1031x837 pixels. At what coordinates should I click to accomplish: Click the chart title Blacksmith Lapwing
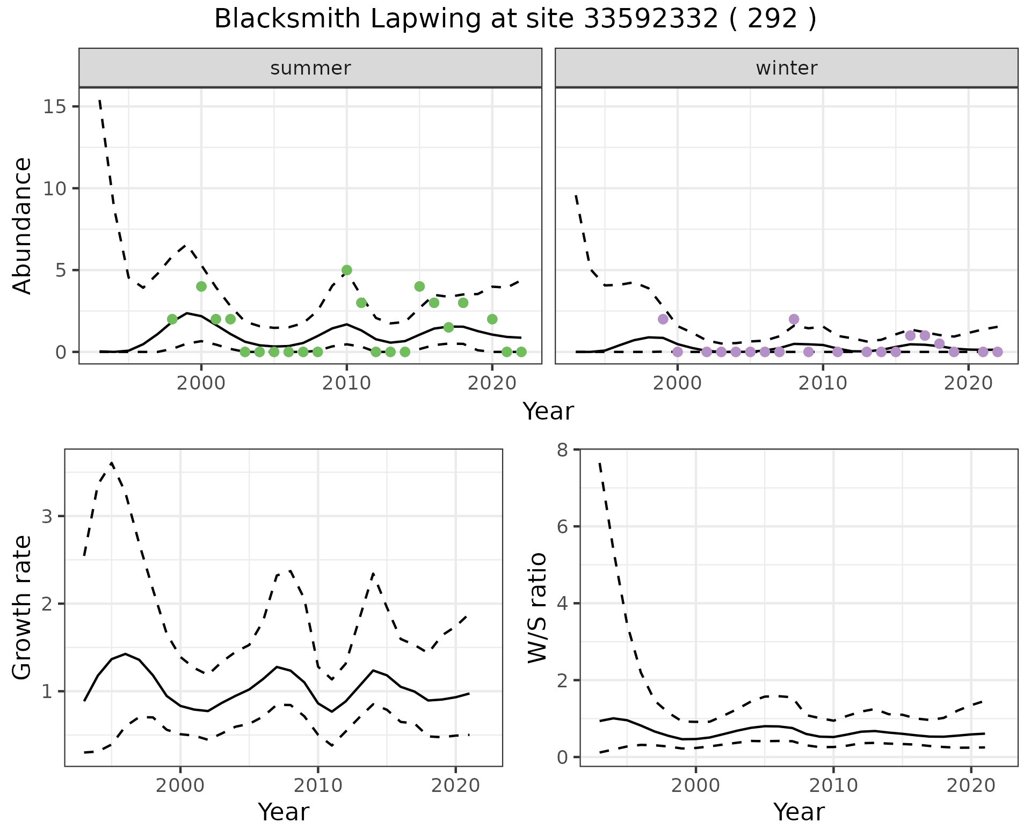tap(515, 19)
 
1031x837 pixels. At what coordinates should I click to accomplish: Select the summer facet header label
tap(310, 68)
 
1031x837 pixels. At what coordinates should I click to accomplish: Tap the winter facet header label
tap(786, 68)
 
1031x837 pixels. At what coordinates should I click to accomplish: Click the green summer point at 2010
tap(347, 270)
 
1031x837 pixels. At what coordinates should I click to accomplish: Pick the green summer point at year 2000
tap(201, 287)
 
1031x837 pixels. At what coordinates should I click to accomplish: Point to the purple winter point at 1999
tap(663, 319)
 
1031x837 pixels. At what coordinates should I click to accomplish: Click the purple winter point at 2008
tap(794, 319)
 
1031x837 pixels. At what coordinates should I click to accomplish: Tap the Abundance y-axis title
tap(23, 225)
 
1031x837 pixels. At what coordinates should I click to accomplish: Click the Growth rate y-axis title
tap(23, 608)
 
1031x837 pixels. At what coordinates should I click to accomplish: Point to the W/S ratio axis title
tap(538, 608)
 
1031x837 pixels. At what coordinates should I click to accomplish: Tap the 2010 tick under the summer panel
tap(347, 383)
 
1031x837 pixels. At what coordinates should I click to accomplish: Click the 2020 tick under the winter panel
tap(968, 383)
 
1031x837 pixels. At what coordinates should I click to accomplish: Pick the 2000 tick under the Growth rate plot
tap(180, 786)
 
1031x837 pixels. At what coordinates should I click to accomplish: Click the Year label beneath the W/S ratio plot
tap(798, 812)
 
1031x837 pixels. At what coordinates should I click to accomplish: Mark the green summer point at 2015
tap(419, 287)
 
